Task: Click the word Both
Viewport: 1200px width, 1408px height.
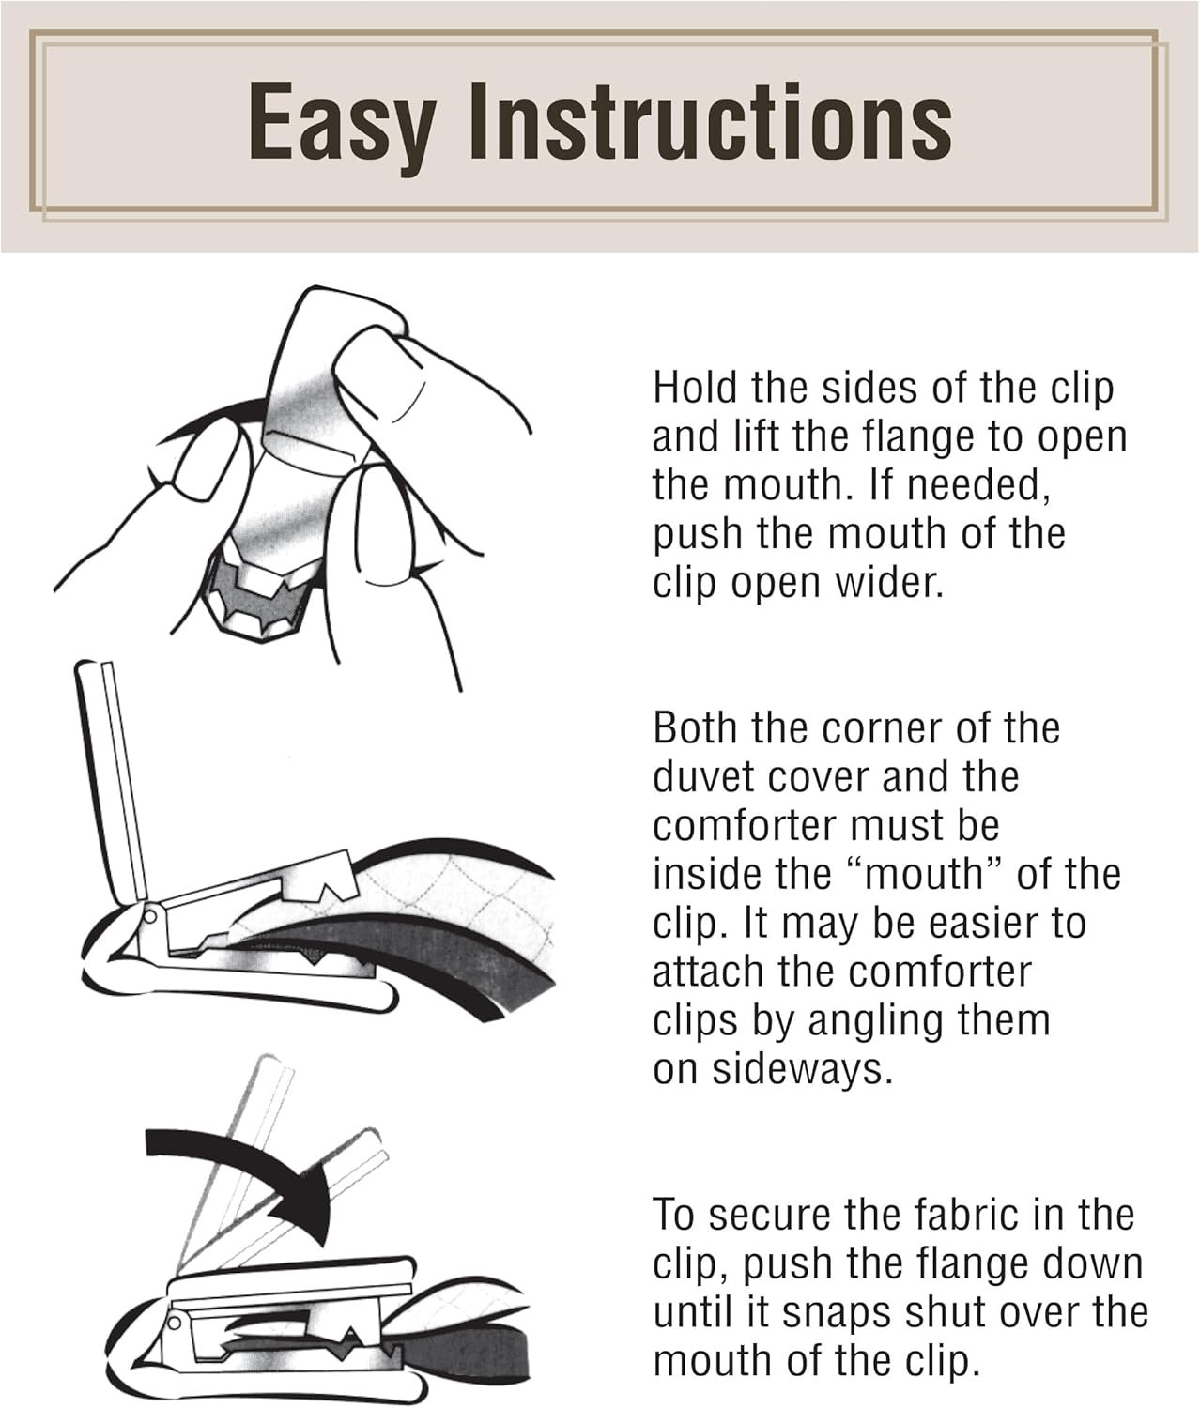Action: tap(696, 728)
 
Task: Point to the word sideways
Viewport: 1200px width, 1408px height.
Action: tap(802, 1069)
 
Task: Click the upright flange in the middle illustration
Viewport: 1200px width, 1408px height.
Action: tap(113, 782)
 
